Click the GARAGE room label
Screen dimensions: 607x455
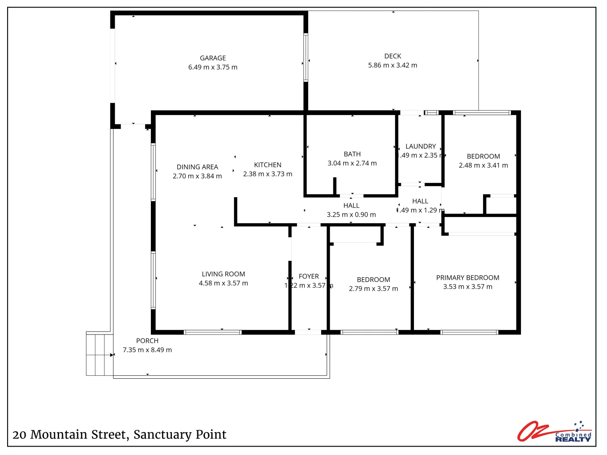tap(212, 58)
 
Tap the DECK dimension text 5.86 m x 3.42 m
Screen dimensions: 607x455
tap(392, 65)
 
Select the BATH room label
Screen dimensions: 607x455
tap(352, 154)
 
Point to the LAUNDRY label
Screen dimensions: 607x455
tap(420, 146)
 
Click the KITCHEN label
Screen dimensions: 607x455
tap(268, 165)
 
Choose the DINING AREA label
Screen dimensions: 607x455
tap(197, 167)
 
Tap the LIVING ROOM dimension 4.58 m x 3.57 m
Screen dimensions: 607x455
tap(223, 283)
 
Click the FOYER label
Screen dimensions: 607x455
tap(309, 276)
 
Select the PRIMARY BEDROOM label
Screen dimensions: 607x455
tap(467, 278)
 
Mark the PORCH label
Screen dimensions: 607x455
tap(147, 341)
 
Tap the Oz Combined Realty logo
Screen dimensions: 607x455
tap(554, 432)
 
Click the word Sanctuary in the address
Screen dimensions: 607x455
tap(161, 434)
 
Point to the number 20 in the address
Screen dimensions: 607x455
tap(19, 435)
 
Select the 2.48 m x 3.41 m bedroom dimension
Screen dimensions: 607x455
tap(483, 165)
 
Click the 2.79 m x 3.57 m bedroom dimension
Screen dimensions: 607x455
tap(373, 289)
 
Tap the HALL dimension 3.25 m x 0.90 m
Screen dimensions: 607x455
tap(351, 214)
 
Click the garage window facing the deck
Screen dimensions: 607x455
tap(306, 57)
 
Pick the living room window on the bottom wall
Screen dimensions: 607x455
tap(213, 332)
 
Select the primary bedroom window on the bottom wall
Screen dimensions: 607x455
tap(469, 332)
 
